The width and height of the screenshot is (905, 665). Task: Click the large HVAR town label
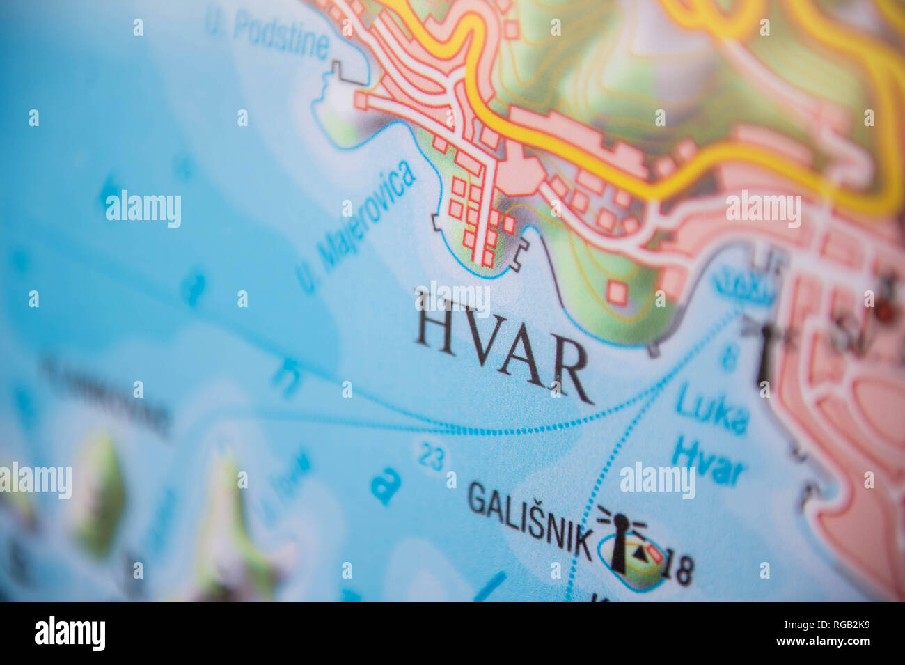pos(503,354)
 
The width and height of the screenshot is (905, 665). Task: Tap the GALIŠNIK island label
pos(529,518)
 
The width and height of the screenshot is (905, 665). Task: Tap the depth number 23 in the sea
pos(432,457)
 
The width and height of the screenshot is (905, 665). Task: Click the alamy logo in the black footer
pos(70,633)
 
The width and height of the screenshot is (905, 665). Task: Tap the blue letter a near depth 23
pos(385,485)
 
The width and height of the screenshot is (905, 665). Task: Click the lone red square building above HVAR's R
pos(616,292)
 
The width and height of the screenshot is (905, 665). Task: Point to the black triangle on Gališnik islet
pos(638,553)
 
